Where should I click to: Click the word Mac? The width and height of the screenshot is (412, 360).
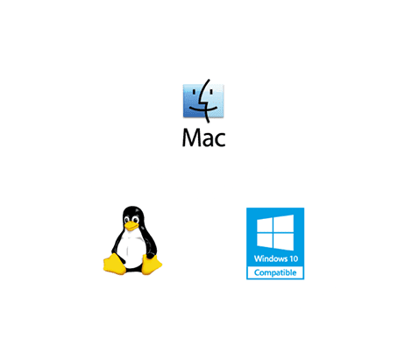(x=203, y=138)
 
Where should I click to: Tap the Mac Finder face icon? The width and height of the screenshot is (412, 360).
(x=203, y=101)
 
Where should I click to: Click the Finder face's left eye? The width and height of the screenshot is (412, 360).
(x=193, y=93)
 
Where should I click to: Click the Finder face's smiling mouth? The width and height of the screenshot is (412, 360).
(x=203, y=109)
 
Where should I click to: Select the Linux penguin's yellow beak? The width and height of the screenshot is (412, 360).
(x=131, y=226)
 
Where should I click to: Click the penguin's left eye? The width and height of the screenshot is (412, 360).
(x=127, y=220)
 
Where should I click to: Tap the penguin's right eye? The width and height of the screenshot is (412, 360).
(x=135, y=220)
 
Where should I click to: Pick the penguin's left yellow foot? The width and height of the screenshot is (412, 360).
(x=114, y=264)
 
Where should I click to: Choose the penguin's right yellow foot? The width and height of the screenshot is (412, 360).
(x=152, y=265)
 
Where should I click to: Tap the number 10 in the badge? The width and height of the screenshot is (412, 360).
(x=294, y=258)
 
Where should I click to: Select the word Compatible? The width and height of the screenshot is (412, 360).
(x=275, y=272)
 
